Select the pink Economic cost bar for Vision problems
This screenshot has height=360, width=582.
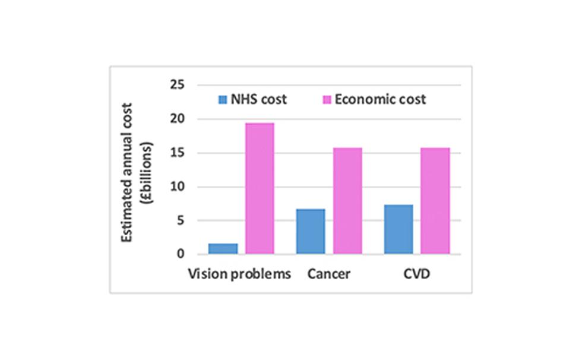click(x=260, y=188)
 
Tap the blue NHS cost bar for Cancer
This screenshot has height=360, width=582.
click(x=311, y=232)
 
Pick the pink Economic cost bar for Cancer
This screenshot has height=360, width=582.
click(x=347, y=201)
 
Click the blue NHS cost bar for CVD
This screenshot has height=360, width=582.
click(x=398, y=229)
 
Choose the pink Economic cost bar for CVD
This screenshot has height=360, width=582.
click(x=435, y=201)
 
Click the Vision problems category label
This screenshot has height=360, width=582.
click(x=239, y=274)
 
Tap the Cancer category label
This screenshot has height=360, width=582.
click(x=329, y=274)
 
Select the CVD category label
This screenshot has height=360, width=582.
click(x=417, y=274)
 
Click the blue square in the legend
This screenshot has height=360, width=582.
click(x=222, y=99)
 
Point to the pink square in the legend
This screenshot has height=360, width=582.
click(x=327, y=99)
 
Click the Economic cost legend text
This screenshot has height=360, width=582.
click(x=380, y=99)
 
